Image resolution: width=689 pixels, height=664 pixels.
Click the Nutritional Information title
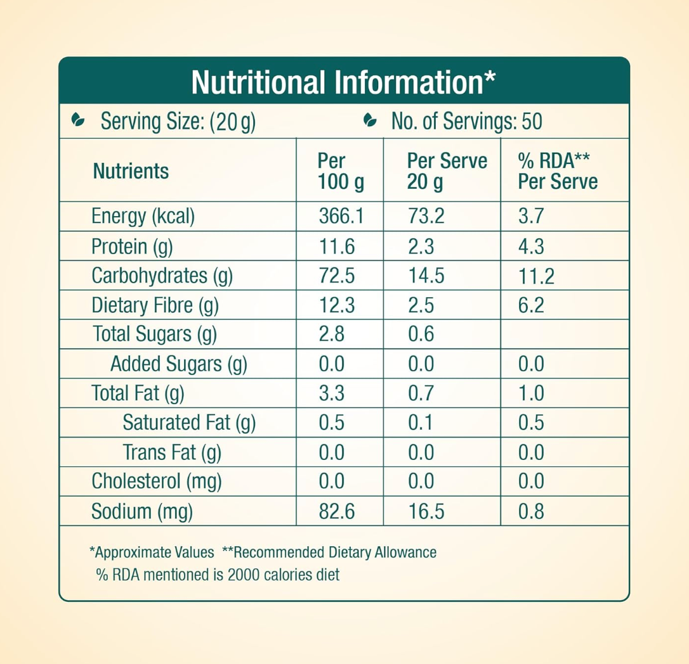(x=343, y=82)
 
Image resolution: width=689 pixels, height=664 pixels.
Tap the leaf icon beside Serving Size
(x=77, y=120)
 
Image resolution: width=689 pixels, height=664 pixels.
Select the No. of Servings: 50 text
(x=466, y=121)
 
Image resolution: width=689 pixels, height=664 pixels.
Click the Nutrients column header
(x=131, y=171)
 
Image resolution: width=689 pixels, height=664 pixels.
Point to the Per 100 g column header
(x=340, y=171)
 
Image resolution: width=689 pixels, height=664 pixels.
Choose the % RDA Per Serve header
(x=558, y=171)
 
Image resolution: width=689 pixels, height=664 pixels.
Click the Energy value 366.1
(x=340, y=217)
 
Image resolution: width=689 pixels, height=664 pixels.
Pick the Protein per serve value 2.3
(x=421, y=246)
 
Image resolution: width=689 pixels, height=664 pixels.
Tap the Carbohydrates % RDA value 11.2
(x=536, y=276)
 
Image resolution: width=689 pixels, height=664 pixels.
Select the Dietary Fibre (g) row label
(x=155, y=306)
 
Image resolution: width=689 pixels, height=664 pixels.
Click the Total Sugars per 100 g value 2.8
(x=331, y=334)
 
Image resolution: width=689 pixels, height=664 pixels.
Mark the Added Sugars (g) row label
(x=178, y=364)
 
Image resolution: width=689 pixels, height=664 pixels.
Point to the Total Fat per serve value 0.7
(x=421, y=393)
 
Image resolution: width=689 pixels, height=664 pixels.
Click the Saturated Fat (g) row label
(x=188, y=423)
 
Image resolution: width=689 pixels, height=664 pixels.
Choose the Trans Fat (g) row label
(x=171, y=452)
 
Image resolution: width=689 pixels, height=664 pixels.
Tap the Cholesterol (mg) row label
(x=156, y=482)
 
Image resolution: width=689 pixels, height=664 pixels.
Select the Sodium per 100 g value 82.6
(x=336, y=511)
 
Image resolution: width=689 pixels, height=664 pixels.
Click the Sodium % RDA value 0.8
(x=531, y=511)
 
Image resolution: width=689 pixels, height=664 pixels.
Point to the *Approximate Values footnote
(x=152, y=552)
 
